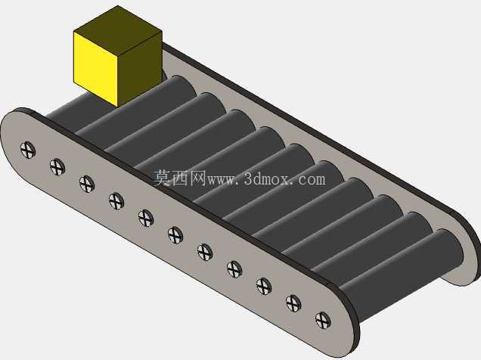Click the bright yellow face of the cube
[96, 69]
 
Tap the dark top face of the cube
[118, 26]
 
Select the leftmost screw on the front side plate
[28, 151]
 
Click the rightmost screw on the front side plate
[323, 320]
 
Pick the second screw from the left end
[57, 167]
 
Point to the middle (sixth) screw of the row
[175, 235]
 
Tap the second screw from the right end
[293, 303]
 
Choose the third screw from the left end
[87, 184]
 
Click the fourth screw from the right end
[234, 269]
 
